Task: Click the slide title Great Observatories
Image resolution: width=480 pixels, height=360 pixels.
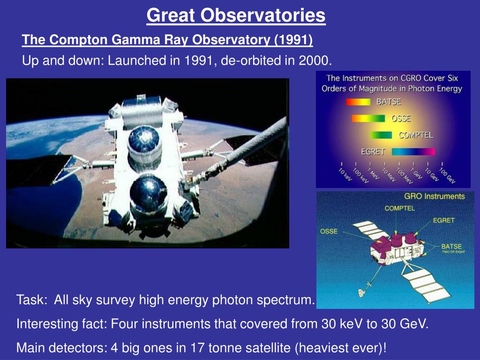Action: click(x=236, y=15)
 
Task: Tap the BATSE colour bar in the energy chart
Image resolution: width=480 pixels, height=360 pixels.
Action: click(x=358, y=102)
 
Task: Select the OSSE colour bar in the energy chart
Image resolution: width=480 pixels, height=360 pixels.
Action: click(x=368, y=118)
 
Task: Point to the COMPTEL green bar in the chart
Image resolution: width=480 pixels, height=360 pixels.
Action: click(x=381, y=135)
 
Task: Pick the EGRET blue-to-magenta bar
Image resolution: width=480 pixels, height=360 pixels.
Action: click(x=413, y=151)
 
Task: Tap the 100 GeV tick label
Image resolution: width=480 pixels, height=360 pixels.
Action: click(x=447, y=175)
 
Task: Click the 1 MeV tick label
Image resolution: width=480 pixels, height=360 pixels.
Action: click(x=373, y=173)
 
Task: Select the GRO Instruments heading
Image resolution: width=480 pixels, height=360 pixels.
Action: click(x=435, y=196)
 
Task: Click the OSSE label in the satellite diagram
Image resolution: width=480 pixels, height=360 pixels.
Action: click(x=329, y=231)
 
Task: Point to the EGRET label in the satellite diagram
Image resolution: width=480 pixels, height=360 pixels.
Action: click(x=443, y=220)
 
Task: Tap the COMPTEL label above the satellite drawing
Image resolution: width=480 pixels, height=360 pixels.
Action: click(x=399, y=208)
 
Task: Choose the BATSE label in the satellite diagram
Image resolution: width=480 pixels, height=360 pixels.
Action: click(x=451, y=246)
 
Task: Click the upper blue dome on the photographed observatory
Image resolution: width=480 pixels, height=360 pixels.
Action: click(x=144, y=139)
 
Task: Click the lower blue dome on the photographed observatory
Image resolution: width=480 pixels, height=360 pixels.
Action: click(x=149, y=193)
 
